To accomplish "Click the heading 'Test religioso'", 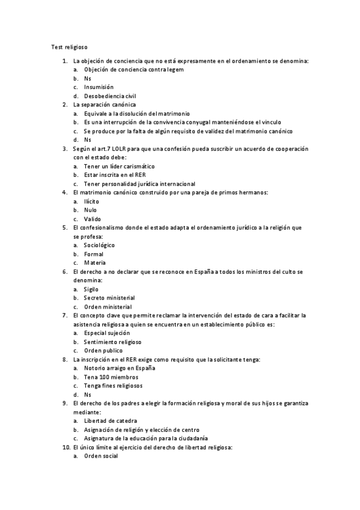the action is [x=70, y=46].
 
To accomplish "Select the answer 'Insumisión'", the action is [x=99, y=87].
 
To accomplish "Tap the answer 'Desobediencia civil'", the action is [x=110, y=96].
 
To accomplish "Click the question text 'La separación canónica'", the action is [x=104, y=105].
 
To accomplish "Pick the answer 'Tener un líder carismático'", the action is [x=120, y=166].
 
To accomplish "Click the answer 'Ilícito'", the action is [x=91, y=201].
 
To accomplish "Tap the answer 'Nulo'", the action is [x=90, y=210].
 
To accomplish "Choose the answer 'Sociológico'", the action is [x=99, y=245].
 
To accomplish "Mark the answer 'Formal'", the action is [x=94, y=254].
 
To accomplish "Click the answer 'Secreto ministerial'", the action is [x=109, y=298].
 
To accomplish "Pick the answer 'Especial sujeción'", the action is [x=107, y=333].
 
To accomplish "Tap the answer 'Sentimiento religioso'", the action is [x=112, y=342].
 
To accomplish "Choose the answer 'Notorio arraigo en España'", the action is [x=120, y=368].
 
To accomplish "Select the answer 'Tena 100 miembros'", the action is [x=106, y=377].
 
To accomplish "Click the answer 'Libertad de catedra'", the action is [x=111, y=421].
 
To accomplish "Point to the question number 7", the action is [x=64, y=315].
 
